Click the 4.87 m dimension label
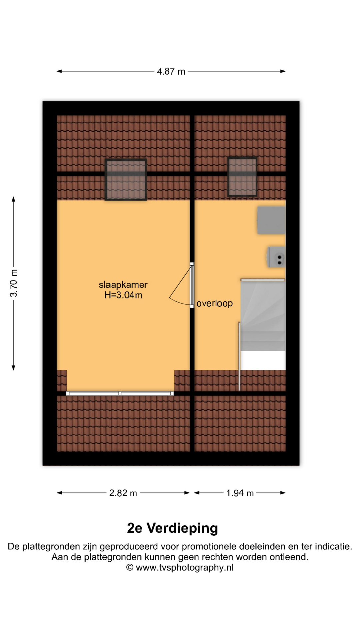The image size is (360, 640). (x=171, y=72)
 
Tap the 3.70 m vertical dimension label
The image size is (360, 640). (x=14, y=283)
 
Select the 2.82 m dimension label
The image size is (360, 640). (x=123, y=493)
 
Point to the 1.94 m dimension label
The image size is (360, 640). (x=240, y=493)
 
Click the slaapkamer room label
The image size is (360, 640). (x=123, y=285)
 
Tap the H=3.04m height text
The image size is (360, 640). (x=123, y=295)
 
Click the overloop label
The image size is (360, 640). (x=214, y=303)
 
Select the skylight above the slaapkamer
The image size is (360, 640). (x=126, y=180)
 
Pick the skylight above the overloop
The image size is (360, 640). (x=242, y=177)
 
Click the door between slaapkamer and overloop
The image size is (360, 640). (x=192, y=285)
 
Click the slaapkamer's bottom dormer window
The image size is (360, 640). (x=120, y=393)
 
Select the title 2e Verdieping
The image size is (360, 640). (x=172, y=528)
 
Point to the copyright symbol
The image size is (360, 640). (x=130, y=567)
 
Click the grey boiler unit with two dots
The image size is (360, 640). (x=276, y=257)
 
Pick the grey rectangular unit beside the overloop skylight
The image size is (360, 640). (x=271, y=220)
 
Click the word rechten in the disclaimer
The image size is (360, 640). (x=216, y=557)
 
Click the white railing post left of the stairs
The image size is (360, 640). (x=239, y=356)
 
